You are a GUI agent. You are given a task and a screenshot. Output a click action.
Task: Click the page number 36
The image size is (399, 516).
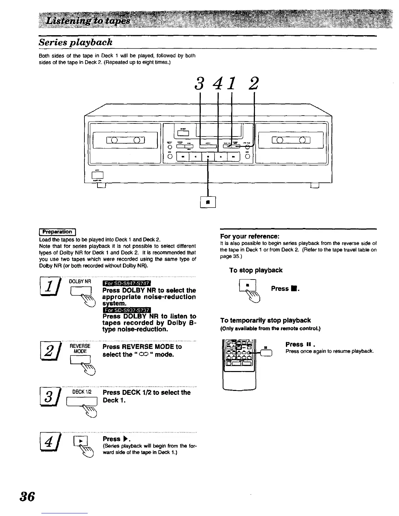point(27,497)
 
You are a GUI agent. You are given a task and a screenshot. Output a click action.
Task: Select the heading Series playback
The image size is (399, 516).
point(76,42)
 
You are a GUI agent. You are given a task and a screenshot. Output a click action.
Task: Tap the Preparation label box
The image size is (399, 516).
point(57,232)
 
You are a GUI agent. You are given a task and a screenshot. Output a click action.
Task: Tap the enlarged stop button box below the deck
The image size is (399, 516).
point(208,202)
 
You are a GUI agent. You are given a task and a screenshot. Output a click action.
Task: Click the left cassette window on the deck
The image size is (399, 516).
point(126,140)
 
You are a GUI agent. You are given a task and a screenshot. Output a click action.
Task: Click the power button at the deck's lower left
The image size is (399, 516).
point(99,176)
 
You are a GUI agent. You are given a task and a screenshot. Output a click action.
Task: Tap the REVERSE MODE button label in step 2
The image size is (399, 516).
point(80,349)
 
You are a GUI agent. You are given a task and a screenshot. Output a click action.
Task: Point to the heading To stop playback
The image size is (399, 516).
point(256,270)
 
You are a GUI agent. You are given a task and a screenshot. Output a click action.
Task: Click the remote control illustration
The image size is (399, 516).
point(239,363)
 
